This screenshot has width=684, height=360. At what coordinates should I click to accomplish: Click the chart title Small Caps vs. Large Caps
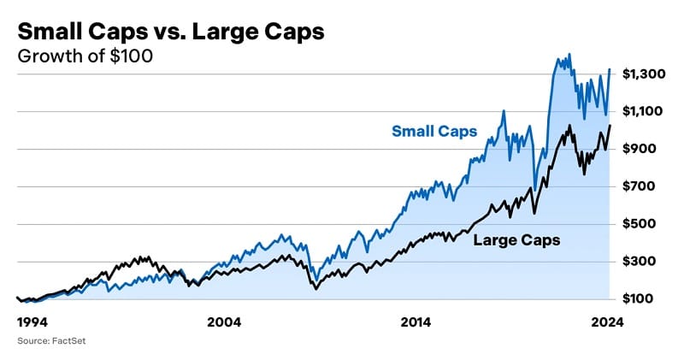171,32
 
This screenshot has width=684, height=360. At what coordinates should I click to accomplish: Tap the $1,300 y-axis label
644,74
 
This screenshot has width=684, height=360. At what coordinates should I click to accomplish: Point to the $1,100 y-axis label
644,111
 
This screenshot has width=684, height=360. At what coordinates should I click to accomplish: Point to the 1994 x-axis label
33,322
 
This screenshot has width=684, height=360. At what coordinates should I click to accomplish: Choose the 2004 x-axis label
224,322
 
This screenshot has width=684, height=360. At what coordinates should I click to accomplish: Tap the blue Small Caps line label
434,132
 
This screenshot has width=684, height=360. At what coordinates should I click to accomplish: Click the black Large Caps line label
517,240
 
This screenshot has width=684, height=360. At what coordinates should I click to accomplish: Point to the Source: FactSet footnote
52,342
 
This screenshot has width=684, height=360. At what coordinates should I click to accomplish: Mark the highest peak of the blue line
569,54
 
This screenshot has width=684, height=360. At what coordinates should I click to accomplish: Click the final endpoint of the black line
610,126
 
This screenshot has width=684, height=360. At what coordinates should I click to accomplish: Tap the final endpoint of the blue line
610,69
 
